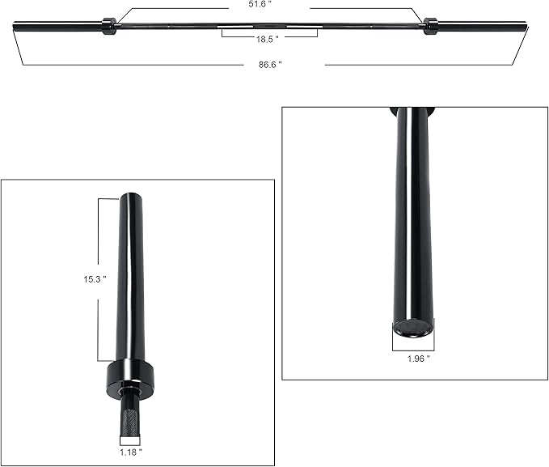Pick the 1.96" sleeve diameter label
pyautogui.click(x=413, y=357)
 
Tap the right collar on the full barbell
pyautogui.click(x=429, y=26)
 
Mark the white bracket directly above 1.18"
pyautogui.click(x=130, y=440)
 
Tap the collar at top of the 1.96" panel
pyautogui.click(x=412, y=111)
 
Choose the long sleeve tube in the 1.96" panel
pyautogui.click(x=413, y=219)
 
